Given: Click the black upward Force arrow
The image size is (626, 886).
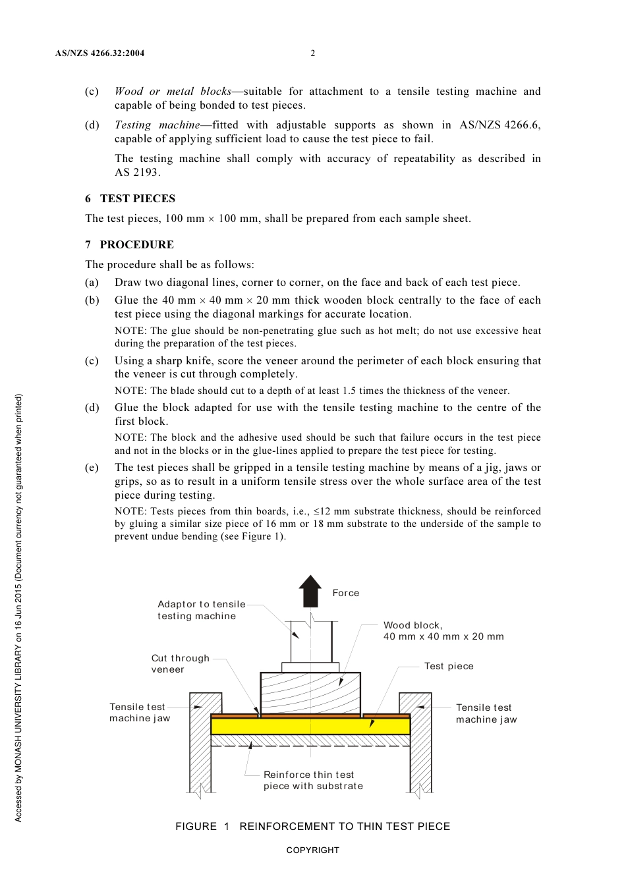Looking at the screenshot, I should [310, 590].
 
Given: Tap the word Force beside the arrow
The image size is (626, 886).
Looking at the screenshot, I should [346, 593].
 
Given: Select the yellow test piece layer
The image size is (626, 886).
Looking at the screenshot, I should [310, 726].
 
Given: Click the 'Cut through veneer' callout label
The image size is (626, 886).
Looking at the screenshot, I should [180, 663].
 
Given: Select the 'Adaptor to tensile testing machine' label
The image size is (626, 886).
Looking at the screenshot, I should [201, 610].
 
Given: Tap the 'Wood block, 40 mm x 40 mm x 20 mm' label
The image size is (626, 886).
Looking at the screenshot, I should [443, 630].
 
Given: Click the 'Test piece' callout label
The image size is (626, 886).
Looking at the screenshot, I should [449, 666].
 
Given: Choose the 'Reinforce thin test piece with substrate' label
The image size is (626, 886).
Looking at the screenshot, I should [313, 780].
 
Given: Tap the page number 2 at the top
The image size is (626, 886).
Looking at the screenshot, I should [313, 53].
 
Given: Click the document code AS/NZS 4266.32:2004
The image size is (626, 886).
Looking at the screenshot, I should [100, 53].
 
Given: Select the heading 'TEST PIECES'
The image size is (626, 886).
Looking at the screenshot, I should [137, 198].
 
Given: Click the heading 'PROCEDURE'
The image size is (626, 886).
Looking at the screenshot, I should [136, 244].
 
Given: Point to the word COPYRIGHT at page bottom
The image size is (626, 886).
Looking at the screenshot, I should [312, 850].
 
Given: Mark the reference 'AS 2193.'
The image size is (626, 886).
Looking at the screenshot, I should [137, 172].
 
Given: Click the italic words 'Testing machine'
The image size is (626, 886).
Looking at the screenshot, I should [157, 125].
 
